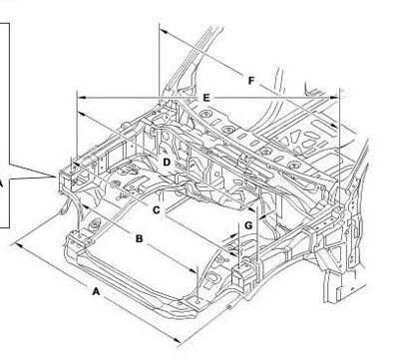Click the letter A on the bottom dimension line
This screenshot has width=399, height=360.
[96, 292]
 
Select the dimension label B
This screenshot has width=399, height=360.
[140, 238]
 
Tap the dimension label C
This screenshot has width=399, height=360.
[157, 210]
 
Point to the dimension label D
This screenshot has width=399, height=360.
[167, 163]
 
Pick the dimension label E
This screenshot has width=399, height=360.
[206, 98]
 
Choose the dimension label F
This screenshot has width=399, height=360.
[251, 81]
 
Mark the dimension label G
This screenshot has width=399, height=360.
[248, 225]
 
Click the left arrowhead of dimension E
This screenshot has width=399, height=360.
[81, 98]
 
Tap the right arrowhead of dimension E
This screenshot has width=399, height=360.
[334, 98]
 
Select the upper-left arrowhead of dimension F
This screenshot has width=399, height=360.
[163, 31]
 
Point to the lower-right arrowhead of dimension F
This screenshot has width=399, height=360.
[334, 126]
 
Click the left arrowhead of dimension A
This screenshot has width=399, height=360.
[19, 245]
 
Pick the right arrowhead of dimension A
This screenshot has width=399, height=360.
[178, 340]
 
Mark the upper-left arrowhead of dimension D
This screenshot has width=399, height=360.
[82, 115]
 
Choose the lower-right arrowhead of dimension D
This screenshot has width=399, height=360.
[251, 208]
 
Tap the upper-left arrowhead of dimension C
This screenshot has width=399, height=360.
[76, 164]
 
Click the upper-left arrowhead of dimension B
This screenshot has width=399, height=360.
[85, 207]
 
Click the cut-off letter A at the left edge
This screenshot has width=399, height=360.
[1, 183]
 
